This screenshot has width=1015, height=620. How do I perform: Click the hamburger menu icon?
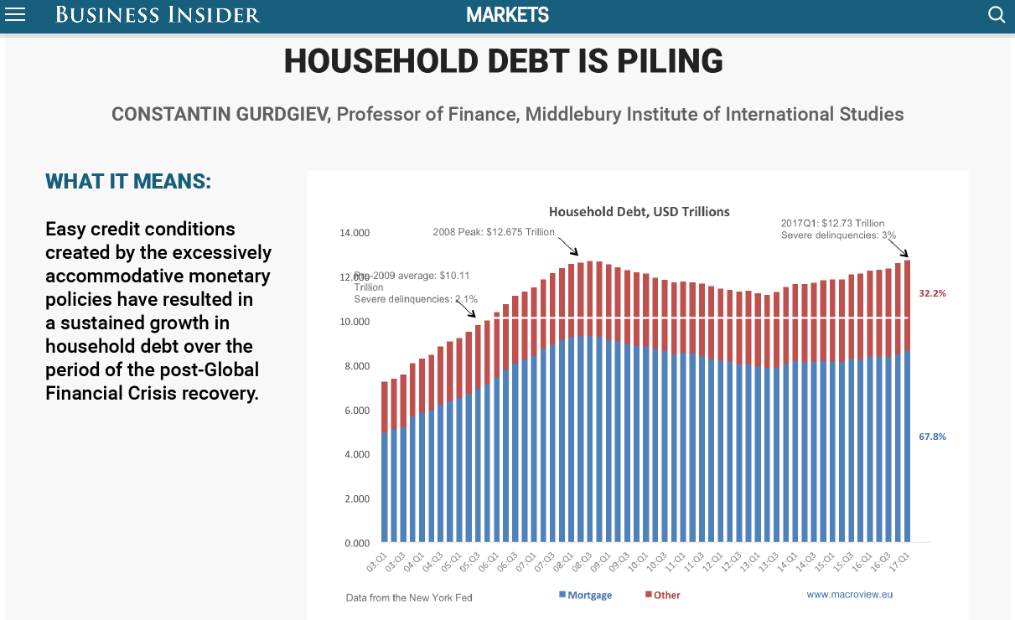[x=15, y=14]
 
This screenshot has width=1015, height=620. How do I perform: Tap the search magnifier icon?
[x=997, y=14]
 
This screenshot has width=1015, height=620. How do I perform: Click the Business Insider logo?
[x=158, y=14]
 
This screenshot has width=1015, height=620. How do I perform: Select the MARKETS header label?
[x=507, y=14]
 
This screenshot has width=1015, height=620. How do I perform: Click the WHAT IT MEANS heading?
[x=128, y=182]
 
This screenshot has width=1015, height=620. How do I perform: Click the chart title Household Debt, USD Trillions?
[x=639, y=212]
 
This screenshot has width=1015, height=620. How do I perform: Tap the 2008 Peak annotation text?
[x=494, y=232]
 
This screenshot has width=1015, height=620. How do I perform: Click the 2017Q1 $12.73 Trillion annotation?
[x=832, y=223]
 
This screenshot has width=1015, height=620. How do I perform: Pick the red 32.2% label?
[x=932, y=294]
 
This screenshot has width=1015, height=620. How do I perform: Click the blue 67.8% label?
[x=932, y=437]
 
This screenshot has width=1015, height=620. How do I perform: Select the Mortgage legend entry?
[x=587, y=595]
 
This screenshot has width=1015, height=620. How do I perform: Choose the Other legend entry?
[x=663, y=595]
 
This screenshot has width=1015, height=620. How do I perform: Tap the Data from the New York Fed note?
[x=409, y=597]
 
